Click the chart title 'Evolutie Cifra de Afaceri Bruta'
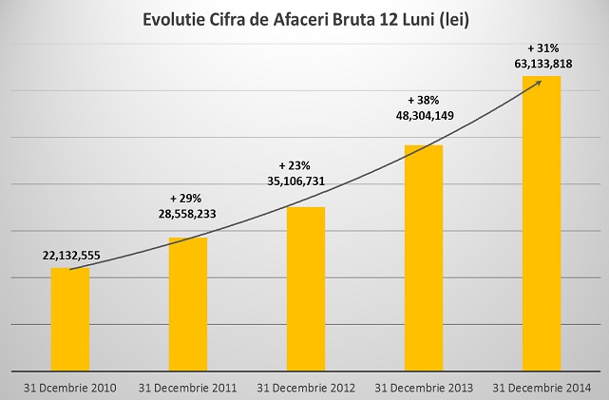[303, 19]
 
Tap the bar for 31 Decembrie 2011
[188, 304]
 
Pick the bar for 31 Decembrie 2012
[306, 289]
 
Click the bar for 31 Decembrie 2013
[424, 257]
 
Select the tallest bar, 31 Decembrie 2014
[542, 223]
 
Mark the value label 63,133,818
[543, 64]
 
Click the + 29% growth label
[186, 198]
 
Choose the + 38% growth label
[423, 99]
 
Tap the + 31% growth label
[542, 47]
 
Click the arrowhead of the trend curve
[538, 83]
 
